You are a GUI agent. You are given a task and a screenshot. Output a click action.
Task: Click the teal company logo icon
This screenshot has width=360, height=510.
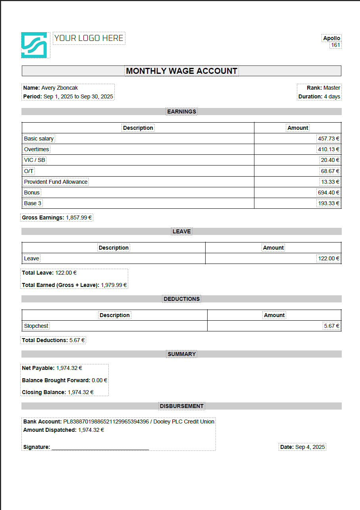tap(34, 45)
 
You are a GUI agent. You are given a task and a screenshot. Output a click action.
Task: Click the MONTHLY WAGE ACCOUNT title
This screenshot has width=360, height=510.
tap(181, 71)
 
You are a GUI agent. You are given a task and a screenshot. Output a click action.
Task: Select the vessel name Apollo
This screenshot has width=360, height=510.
tap(331, 38)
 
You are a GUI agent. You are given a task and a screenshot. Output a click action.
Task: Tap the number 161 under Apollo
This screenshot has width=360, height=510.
tap(335, 45)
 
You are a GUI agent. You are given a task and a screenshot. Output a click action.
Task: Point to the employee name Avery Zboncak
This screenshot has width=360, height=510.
tap(60, 88)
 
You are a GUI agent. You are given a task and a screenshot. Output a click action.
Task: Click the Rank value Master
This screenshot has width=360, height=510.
tap(332, 88)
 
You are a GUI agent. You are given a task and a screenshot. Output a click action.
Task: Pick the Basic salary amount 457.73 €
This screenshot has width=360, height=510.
tap(328, 139)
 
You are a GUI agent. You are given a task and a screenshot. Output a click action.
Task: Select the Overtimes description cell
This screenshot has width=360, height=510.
tap(37, 149)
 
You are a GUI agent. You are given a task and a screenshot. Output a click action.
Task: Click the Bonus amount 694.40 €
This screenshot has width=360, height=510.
tap(328, 192)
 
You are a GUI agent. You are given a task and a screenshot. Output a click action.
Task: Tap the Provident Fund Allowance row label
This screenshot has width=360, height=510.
tap(56, 182)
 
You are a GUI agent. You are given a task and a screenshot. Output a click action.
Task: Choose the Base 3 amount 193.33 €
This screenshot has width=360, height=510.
tap(328, 203)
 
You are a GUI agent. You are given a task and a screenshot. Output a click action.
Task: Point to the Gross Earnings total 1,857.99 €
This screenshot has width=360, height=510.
tap(79, 217)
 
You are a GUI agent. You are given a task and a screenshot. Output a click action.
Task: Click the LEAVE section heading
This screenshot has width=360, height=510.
tap(181, 231)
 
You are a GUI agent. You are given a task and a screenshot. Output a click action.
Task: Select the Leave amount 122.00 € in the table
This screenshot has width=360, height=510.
tap(328, 258)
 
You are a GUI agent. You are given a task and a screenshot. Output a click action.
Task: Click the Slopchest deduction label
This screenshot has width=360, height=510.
tap(36, 326)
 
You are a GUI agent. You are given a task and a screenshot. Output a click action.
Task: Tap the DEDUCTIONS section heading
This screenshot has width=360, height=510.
tap(181, 299)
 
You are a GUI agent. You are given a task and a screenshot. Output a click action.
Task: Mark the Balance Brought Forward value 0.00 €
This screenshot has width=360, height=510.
tap(99, 380)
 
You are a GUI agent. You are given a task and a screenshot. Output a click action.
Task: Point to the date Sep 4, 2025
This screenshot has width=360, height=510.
tap(310, 447)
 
